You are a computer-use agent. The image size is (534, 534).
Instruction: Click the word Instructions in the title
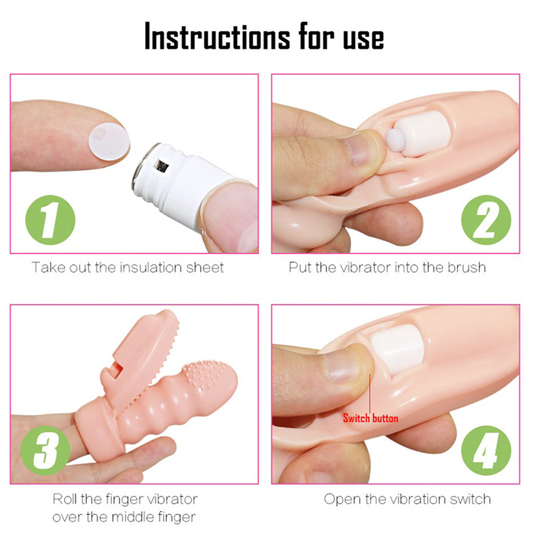tap(218, 37)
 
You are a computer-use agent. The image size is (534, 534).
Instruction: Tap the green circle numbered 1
tap(51, 220)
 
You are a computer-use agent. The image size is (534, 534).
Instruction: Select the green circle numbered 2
tap(486, 220)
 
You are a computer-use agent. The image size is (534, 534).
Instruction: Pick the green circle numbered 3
tap(45, 450)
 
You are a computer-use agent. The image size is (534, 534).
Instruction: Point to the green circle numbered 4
tap(486, 450)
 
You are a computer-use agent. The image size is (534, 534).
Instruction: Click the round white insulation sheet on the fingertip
tap(109, 142)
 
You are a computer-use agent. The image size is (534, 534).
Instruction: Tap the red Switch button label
tap(370, 419)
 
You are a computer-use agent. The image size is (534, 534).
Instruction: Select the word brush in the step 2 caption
tap(467, 268)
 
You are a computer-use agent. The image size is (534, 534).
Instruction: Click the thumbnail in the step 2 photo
tap(362, 149)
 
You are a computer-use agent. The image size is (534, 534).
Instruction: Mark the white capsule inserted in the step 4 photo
tap(396, 349)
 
